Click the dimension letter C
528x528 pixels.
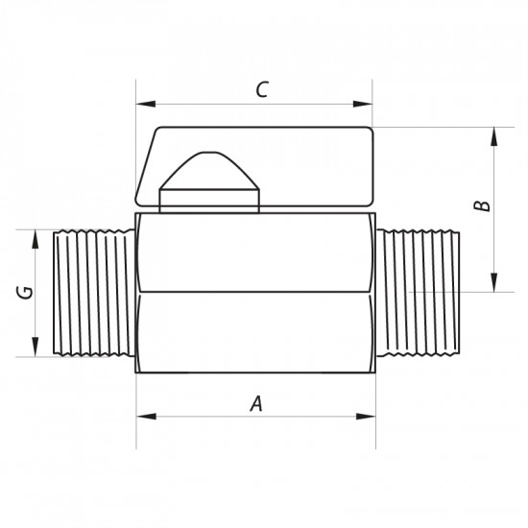pyautogui.click(x=262, y=89)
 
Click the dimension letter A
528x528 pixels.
pyautogui.click(x=256, y=404)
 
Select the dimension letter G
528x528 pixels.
pyautogui.click(x=25, y=292)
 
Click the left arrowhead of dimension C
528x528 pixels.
pyautogui.click(x=146, y=104)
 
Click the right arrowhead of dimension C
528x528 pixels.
pyautogui.click(x=363, y=104)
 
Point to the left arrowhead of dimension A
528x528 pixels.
pyautogui.click(x=147, y=417)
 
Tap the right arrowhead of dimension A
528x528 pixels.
pyautogui.click(x=366, y=417)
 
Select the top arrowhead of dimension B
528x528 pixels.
pyautogui.click(x=494, y=136)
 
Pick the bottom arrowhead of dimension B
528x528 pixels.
pyautogui.click(x=494, y=282)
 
